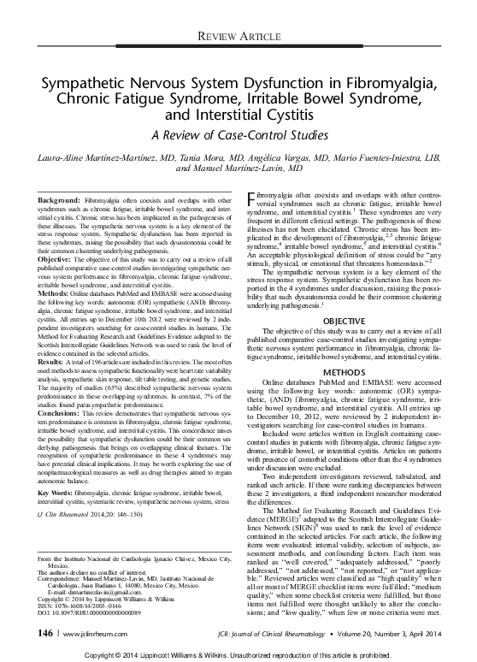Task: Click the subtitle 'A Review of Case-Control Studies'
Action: (238, 134)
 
